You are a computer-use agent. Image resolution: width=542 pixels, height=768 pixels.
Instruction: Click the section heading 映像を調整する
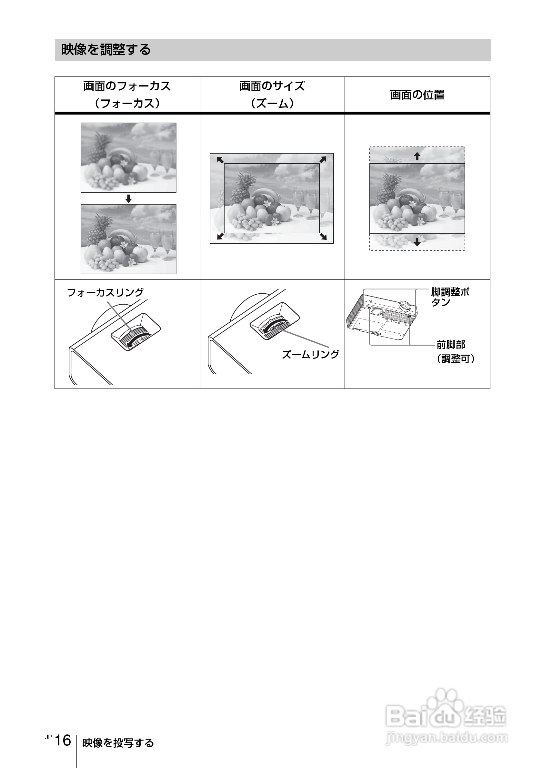[106, 50]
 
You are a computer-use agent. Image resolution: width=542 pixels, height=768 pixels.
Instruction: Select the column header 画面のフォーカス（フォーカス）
[127, 95]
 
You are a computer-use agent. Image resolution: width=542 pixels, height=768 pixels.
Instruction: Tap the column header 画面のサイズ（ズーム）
[272, 95]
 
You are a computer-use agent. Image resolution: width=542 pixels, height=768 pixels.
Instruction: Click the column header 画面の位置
[417, 95]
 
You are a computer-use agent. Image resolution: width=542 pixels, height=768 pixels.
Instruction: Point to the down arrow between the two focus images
[128, 199]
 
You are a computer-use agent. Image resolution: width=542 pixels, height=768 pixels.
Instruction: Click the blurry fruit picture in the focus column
[128, 157]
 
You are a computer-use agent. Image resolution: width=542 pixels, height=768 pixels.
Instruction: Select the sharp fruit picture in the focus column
[128, 239]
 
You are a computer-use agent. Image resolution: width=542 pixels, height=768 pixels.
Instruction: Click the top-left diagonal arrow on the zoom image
[220, 160]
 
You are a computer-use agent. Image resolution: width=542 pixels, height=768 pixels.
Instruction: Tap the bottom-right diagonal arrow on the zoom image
[323, 237]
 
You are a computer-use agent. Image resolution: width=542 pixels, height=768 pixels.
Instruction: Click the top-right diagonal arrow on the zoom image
[323, 159]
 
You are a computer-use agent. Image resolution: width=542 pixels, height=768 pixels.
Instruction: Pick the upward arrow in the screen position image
[417, 156]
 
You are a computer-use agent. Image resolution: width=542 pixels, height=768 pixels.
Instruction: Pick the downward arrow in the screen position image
[417, 242]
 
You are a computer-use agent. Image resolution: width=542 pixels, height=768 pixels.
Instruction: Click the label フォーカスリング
[105, 292]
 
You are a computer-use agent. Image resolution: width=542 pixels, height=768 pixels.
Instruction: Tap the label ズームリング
[310, 354]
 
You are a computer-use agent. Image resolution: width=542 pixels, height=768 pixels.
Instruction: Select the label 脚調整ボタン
[450, 297]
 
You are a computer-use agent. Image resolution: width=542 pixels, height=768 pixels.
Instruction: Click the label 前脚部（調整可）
[456, 351]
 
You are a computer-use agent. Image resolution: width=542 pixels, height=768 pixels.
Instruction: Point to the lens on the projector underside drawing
[405, 305]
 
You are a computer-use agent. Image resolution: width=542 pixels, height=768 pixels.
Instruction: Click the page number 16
[63, 741]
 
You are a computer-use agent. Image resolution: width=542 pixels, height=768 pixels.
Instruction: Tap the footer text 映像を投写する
[118, 743]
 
